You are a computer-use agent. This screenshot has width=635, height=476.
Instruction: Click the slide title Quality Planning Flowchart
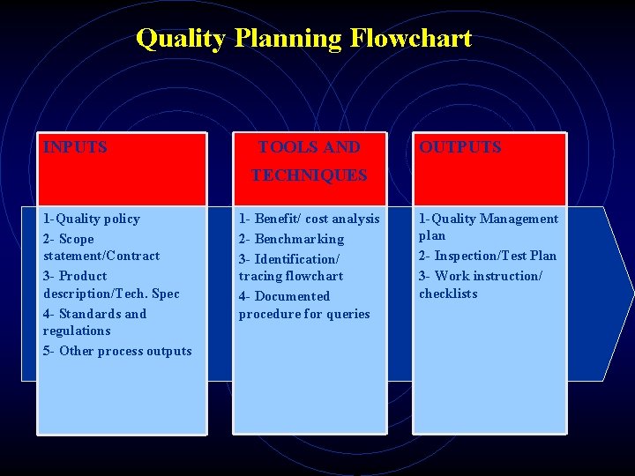[303, 39]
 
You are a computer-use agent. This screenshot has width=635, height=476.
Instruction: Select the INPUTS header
[75, 147]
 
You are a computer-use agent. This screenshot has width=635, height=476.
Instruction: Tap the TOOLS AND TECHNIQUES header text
[309, 160]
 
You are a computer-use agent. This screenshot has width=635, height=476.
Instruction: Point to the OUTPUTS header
[459, 147]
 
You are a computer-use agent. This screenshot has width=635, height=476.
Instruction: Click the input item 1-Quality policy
[92, 219]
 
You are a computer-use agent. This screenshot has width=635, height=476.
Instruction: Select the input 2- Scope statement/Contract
[101, 247]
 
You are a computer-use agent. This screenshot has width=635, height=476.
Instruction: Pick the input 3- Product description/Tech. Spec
[110, 285]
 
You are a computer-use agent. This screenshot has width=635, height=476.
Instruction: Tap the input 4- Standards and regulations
[94, 322]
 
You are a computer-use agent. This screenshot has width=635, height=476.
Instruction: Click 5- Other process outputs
[116, 351]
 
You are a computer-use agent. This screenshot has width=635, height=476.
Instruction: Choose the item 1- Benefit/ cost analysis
[309, 219]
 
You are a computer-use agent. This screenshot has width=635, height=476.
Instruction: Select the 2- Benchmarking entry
[291, 239]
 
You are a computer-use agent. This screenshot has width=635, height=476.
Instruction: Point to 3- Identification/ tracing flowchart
[290, 267]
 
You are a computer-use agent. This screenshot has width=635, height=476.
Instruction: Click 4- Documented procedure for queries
[303, 305]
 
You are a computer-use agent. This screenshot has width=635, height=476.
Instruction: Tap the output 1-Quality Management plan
[488, 227]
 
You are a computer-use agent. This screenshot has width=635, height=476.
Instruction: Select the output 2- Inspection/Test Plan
[487, 256]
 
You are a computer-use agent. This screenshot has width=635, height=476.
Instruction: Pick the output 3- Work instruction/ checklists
[480, 285]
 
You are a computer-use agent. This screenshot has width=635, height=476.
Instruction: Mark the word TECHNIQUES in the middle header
[309, 175]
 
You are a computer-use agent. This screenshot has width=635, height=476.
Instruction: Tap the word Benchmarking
[299, 239]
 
